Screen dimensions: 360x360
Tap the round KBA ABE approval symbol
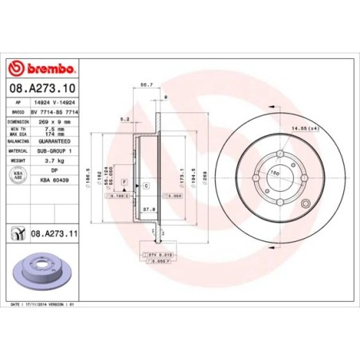coord(18,174)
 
